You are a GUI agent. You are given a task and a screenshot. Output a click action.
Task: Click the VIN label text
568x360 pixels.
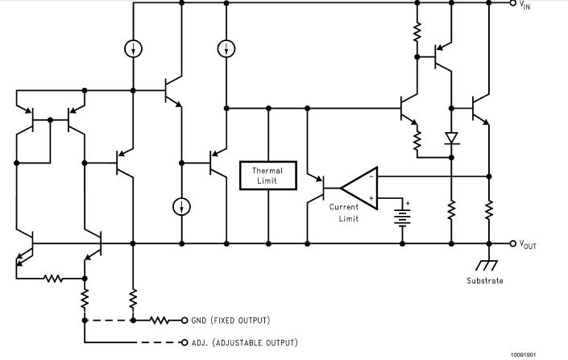point(524,5)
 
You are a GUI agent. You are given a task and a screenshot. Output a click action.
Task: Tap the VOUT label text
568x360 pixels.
point(528,245)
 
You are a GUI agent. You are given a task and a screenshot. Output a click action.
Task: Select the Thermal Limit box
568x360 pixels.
point(267,176)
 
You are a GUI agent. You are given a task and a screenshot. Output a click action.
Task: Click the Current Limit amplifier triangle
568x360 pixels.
point(358,188)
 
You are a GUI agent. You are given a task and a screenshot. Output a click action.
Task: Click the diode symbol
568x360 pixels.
point(451,139)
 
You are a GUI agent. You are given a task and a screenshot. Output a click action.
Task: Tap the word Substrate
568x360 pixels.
point(484,281)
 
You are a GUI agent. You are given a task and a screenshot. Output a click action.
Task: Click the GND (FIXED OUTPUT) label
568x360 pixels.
point(230,321)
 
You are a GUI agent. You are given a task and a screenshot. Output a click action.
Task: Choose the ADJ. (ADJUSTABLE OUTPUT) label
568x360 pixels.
point(244,342)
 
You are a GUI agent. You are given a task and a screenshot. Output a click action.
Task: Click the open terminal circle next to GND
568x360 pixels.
point(184,321)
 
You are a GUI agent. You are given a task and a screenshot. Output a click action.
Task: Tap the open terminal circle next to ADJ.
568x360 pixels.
point(184,342)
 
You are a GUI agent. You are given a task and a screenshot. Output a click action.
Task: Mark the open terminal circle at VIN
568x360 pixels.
point(512,3)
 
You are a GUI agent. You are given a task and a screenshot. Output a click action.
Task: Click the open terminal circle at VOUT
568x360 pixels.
point(512,243)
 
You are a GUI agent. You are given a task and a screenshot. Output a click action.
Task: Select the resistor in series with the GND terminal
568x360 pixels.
point(160,321)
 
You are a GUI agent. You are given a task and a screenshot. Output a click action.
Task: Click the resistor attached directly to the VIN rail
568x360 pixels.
point(417,32)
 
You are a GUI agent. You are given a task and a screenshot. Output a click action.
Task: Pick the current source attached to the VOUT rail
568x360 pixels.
point(183,207)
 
